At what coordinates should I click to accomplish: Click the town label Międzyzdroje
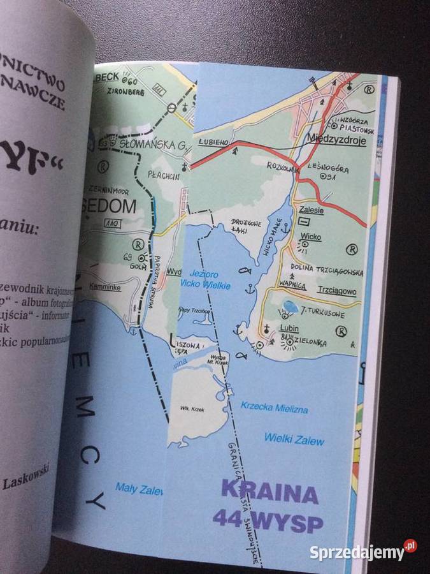tap(336, 141)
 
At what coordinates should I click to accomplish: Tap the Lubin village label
tap(289, 329)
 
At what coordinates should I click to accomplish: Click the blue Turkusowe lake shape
tap(290, 307)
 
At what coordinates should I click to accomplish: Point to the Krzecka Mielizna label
tap(274, 407)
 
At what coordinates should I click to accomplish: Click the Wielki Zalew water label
tap(294, 439)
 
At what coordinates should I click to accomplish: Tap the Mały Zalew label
tap(139, 487)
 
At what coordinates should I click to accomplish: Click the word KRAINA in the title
tap(269, 494)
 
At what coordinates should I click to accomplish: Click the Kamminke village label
tap(104, 286)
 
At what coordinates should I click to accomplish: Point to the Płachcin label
tap(164, 176)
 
